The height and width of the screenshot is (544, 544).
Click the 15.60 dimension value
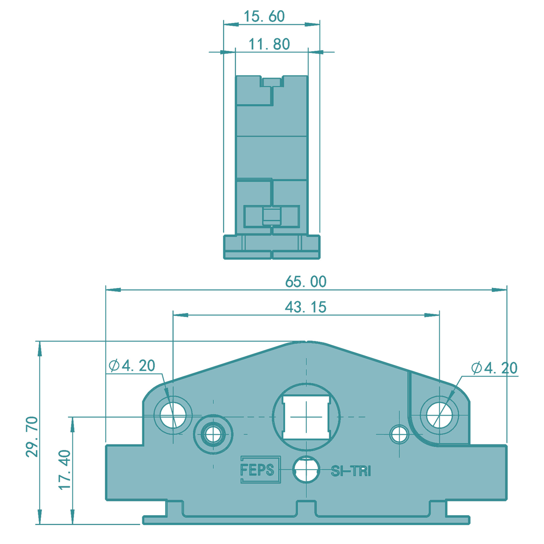264,16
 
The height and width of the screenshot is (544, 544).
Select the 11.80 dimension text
269,44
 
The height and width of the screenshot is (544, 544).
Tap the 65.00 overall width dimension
306,282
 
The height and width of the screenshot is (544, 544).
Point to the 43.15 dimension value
306,307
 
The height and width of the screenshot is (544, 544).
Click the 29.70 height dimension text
32,437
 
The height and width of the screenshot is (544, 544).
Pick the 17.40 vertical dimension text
64,470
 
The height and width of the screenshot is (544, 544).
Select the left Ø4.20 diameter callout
132,366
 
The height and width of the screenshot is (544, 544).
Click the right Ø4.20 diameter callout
494,368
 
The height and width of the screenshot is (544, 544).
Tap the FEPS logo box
261,470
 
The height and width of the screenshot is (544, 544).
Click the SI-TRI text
351,471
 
